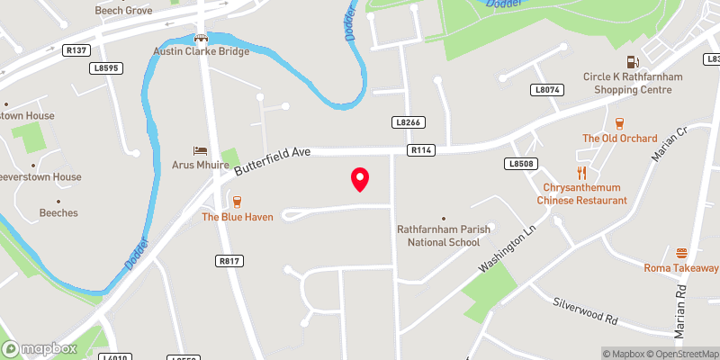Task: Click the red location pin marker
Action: (x=360, y=179)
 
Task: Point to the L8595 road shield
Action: (x=104, y=67)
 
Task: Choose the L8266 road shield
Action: (x=408, y=121)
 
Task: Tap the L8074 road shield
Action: (x=546, y=90)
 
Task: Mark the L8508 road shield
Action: (x=521, y=163)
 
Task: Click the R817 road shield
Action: (x=229, y=260)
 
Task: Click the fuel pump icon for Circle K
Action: (x=633, y=61)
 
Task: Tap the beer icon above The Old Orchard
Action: (x=618, y=123)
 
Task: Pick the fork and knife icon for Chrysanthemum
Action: (x=581, y=172)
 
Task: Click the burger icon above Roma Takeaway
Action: (x=681, y=253)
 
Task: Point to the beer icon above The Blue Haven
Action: (x=237, y=202)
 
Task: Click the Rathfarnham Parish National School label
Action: (x=444, y=236)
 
